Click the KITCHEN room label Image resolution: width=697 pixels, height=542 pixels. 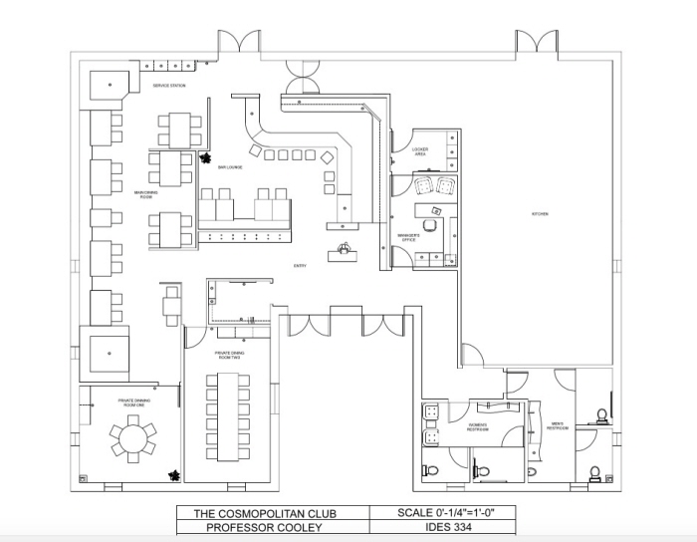(x=540, y=214)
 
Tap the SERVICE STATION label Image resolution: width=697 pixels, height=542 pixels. (x=168, y=87)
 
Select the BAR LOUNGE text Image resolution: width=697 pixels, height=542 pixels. (x=231, y=167)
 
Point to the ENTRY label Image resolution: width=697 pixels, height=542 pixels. (x=300, y=266)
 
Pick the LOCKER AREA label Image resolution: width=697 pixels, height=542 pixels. (x=420, y=152)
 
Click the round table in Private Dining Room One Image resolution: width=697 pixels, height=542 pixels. (x=131, y=438)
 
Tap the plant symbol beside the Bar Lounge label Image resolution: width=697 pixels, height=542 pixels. (x=206, y=156)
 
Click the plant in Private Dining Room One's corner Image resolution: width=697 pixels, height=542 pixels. (x=174, y=474)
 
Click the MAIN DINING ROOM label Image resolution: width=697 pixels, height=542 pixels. (x=145, y=194)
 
